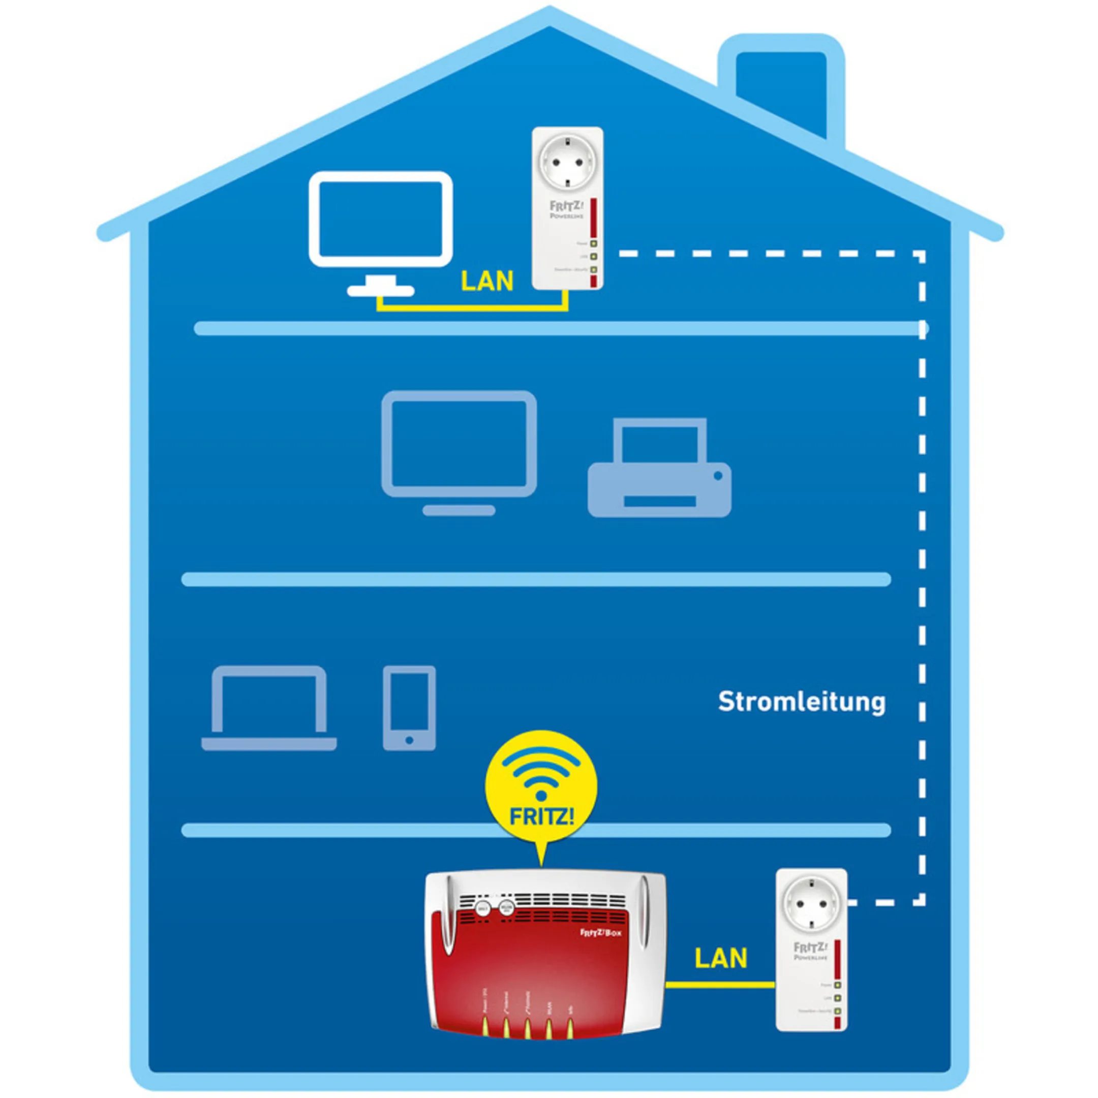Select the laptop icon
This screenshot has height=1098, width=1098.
pyautogui.click(x=269, y=708)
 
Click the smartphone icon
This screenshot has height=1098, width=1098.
pyautogui.click(x=409, y=708)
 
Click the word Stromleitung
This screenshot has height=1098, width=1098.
pyautogui.click(x=801, y=702)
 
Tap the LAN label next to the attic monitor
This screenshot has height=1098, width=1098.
pyautogui.click(x=486, y=281)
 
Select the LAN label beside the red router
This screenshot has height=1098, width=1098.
pyautogui.click(x=721, y=958)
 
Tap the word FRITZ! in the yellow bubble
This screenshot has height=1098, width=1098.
pyautogui.click(x=541, y=817)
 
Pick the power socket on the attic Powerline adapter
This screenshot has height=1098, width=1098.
pyautogui.click(x=567, y=162)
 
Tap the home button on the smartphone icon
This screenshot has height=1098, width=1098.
pyautogui.click(x=409, y=741)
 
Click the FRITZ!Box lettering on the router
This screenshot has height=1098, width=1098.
pyautogui.click(x=600, y=933)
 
